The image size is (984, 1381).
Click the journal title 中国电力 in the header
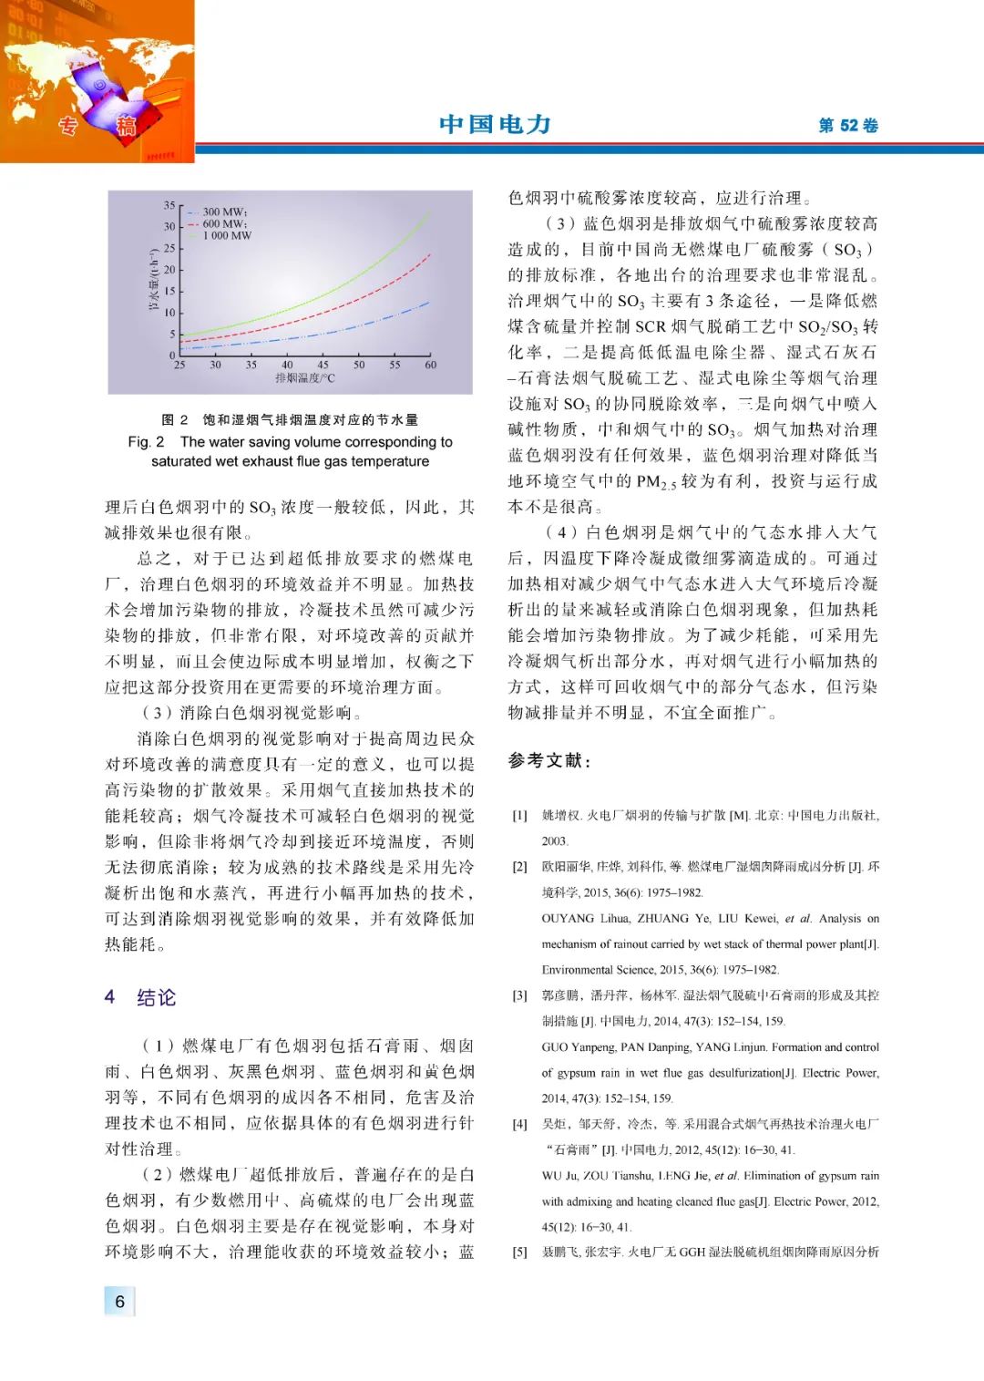point(495,124)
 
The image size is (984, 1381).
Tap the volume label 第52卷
point(847,126)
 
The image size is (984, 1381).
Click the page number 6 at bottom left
point(119,1302)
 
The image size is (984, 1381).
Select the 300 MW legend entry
point(223,211)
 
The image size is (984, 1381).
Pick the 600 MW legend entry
point(223,223)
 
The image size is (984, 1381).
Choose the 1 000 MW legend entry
point(227,235)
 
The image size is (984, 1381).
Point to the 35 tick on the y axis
point(169,206)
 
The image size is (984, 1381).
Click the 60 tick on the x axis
point(430,365)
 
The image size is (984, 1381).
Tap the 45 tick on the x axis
point(323,365)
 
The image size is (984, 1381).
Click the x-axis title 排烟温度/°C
point(305,378)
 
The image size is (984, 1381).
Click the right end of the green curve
point(429,211)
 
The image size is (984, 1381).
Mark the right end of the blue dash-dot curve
point(429,302)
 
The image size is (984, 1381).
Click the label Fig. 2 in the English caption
point(146,442)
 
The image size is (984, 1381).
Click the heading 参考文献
point(549,760)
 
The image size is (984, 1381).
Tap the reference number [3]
point(519,995)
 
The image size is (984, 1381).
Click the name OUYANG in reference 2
point(568,919)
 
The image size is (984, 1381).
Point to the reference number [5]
point(519,1252)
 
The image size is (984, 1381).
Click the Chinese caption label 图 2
point(175,420)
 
